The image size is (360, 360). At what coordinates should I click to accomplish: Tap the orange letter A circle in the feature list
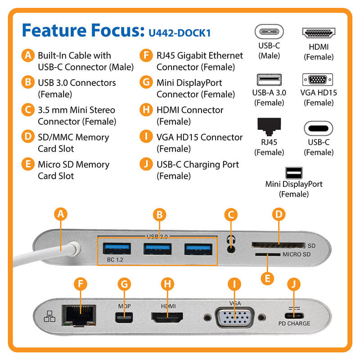(x=28, y=56)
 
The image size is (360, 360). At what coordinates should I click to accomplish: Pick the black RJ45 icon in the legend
(x=269, y=127)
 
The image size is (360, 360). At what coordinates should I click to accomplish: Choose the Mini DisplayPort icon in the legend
(x=293, y=172)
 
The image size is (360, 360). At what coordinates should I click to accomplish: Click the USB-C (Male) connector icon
(x=269, y=33)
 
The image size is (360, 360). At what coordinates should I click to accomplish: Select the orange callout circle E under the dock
(x=268, y=278)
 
